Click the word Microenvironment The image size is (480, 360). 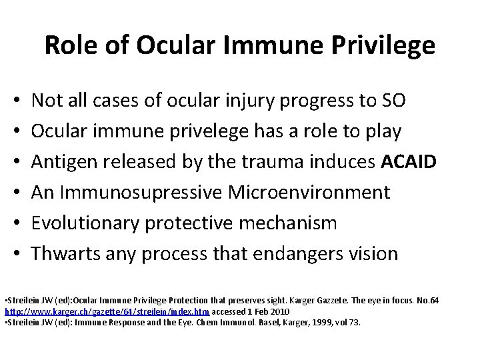[x=309, y=193]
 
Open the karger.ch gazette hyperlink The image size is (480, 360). [x=107, y=311]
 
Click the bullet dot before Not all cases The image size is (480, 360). [x=15, y=101]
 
